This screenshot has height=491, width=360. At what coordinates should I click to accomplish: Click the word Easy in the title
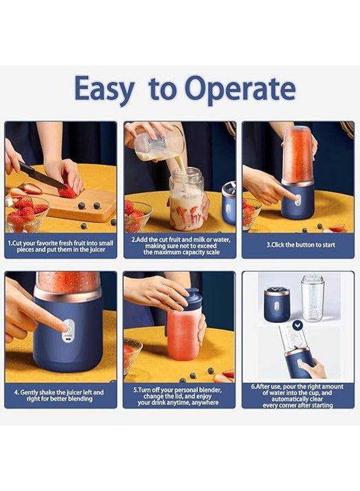[103, 89]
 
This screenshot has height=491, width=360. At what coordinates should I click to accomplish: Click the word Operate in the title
[240, 89]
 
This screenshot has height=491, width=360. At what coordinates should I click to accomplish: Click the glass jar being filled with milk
[186, 199]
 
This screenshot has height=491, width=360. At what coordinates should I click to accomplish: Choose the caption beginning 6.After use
[297, 396]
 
